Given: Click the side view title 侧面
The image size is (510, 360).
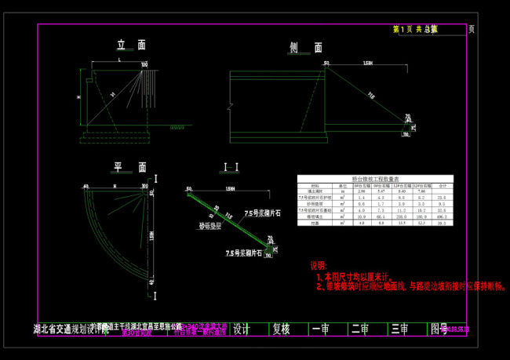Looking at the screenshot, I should pyautogui.click(x=305, y=48).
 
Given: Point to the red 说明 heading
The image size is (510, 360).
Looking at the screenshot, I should pyautogui.click(x=319, y=266).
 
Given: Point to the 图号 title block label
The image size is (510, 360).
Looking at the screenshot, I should pyautogui.click(x=438, y=329).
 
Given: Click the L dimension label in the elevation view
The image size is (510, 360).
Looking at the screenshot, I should pyautogui.click(x=119, y=59).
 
